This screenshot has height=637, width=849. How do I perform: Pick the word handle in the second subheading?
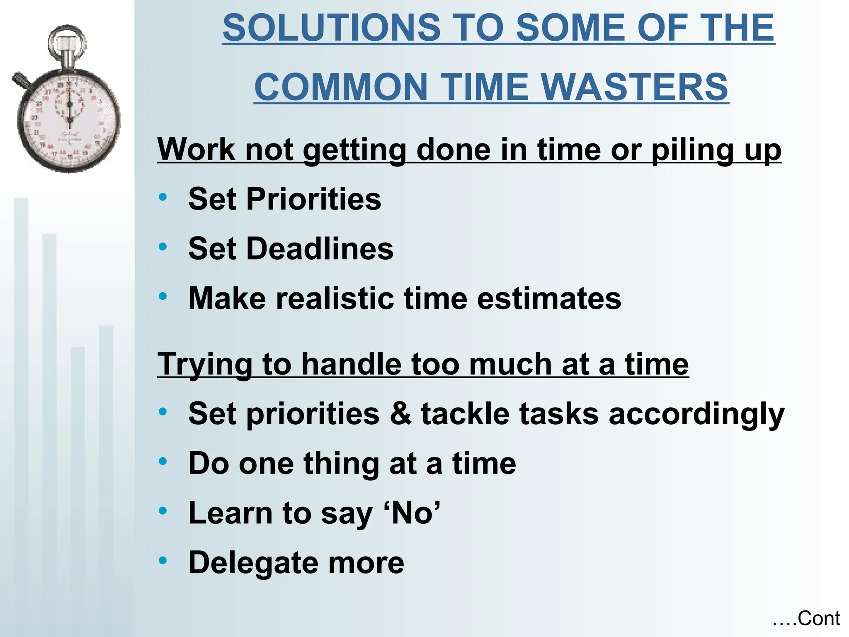pos(351,364)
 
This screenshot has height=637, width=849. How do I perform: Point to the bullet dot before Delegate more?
pos(163,561)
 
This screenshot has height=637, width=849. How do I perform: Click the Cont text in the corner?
pos(818,618)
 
